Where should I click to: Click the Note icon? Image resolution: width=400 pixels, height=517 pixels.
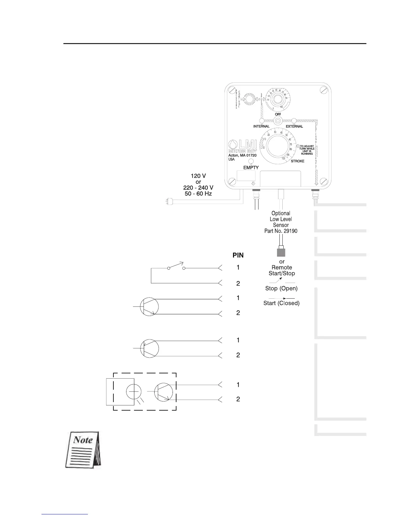[83, 450]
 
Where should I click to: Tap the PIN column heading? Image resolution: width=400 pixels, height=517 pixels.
[238, 255]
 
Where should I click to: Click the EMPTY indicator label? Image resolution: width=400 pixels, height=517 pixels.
[251, 167]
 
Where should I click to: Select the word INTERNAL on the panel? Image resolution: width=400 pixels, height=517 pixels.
[261, 126]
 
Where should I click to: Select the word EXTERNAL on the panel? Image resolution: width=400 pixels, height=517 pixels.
[294, 126]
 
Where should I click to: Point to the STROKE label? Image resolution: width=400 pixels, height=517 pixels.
[297, 161]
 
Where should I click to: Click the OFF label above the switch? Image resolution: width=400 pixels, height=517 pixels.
[278, 115]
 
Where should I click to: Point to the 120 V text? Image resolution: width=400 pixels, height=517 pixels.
[198, 176]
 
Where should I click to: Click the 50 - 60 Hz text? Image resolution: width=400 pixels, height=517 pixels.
[198, 194]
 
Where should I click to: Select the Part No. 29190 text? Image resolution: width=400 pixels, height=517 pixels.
[281, 231]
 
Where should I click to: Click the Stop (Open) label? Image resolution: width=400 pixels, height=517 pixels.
[281, 289]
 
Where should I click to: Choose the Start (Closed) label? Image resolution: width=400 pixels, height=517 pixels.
[281, 303]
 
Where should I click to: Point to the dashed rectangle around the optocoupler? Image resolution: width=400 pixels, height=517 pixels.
[144, 373]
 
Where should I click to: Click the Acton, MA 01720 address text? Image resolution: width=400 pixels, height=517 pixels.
[242, 155]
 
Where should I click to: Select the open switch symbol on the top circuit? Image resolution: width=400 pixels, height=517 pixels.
[176, 267]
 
